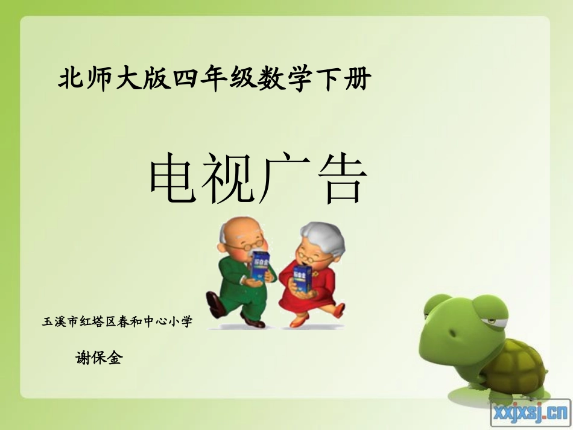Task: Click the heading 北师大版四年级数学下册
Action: [x=214, y=80]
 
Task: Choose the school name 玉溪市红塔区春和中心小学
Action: [x=117, y=322]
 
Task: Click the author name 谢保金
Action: [x=99, y=358]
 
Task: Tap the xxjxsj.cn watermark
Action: [x=531, y=413]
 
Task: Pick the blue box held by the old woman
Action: [x=302, y=279]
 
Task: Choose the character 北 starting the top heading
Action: [x=69, y=80]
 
